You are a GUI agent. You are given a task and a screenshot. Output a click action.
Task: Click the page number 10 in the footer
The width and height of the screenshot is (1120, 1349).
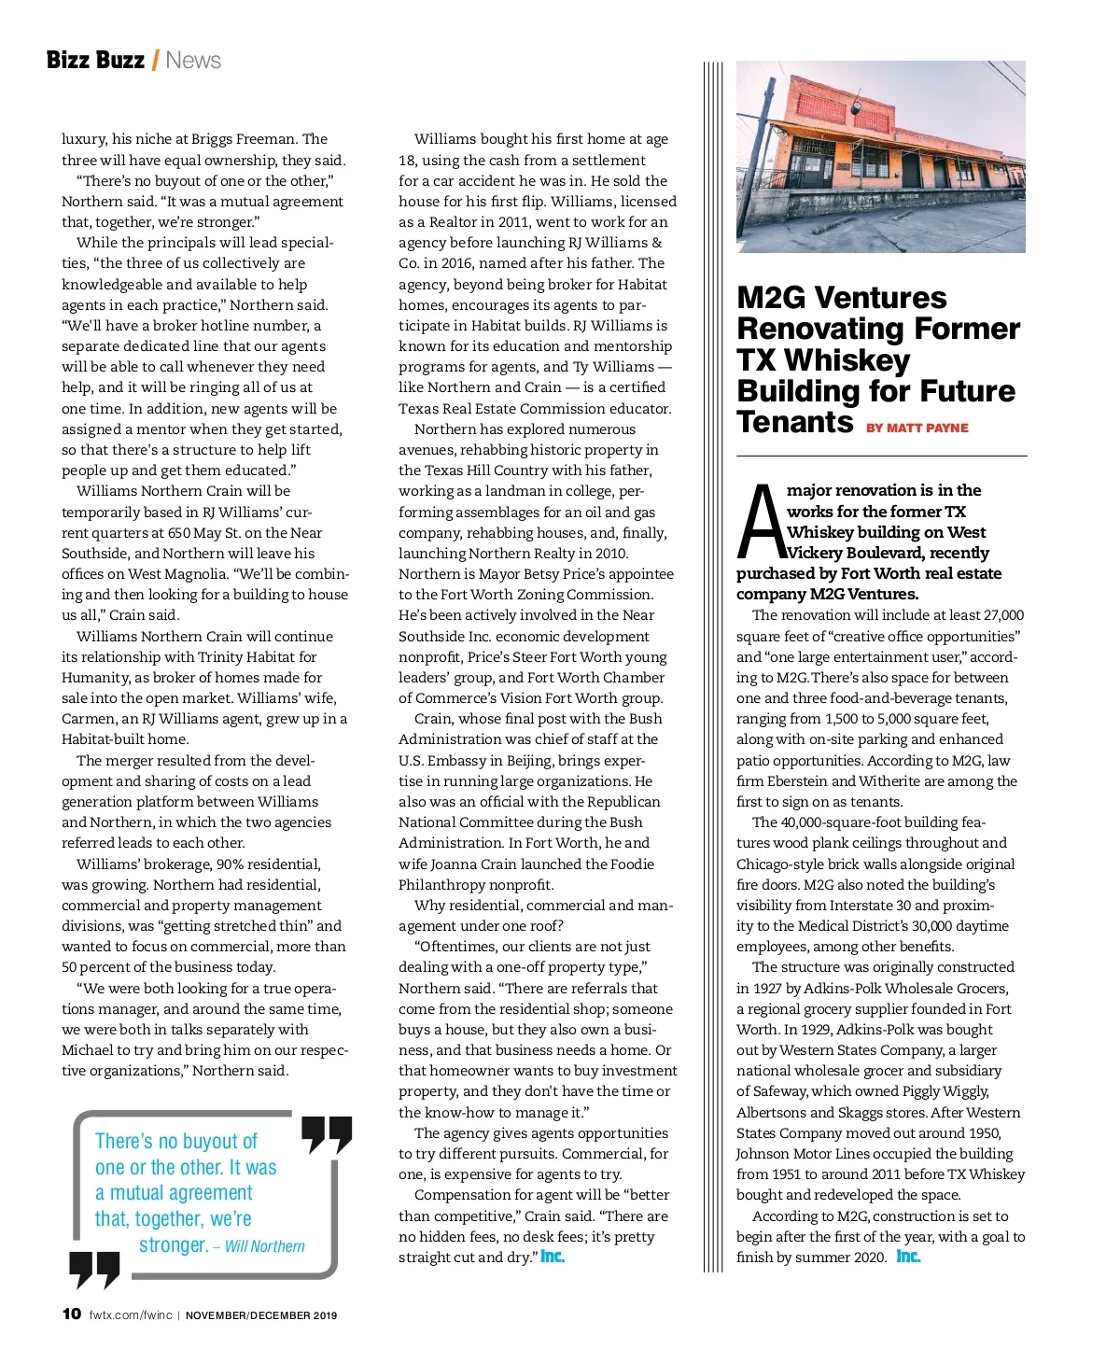[x=71, y=1314]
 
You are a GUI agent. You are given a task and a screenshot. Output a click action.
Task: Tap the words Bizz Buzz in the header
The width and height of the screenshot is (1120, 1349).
[x=95, y=61]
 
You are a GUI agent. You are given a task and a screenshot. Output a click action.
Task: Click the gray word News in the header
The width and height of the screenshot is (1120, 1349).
[x=193, y=61]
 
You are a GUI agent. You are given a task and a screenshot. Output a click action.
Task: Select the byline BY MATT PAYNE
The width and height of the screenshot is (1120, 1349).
[x=917, y=428]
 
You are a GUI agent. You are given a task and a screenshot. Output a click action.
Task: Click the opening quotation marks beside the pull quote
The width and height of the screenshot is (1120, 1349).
[x=327, y=1134]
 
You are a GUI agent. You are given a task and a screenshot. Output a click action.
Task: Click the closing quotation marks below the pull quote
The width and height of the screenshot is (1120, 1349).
[x=94, y=1269]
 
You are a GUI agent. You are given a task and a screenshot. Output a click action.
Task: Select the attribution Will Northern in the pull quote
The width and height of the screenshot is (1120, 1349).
[x=264, y=1246]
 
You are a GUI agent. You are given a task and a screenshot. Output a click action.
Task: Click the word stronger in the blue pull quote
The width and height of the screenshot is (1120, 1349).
[x=173, y=1244]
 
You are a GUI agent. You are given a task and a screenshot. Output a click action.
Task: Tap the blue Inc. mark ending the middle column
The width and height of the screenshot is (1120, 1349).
[x=553, y=1257]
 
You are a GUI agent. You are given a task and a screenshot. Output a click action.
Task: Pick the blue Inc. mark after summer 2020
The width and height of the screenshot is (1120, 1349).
[x=908, y=1257]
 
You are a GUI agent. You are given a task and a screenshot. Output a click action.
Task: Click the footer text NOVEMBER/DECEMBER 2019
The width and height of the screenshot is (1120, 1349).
[x=261, y=1315]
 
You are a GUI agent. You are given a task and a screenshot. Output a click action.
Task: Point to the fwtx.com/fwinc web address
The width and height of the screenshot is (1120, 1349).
[x=131, y=1315]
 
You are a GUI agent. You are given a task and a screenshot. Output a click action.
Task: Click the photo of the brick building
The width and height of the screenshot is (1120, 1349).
[x=880, y=157]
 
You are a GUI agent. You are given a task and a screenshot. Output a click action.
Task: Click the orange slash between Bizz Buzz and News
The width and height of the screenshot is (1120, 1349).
[x=155, y=61]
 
